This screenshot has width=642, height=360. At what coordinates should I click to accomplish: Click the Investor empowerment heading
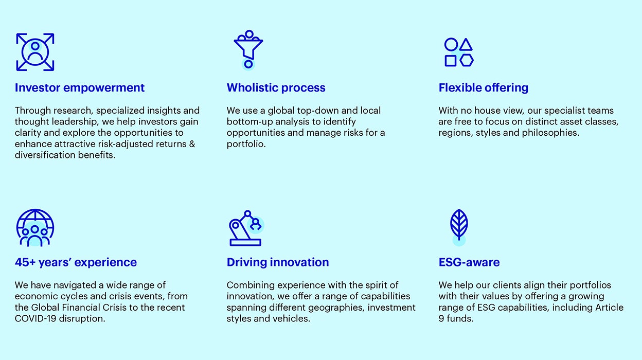click(80, 88)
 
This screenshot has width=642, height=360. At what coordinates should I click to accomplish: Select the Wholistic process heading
click(276, 88)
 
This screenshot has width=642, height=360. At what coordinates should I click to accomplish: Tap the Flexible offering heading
click(483, 88)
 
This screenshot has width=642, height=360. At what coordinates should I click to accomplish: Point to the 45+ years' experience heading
click(76, 262)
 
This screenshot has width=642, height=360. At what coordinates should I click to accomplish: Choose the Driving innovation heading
click(278, 262)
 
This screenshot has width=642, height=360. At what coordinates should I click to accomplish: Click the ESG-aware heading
click(469, 262)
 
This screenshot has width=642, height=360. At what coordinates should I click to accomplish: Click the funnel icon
click(248, 46)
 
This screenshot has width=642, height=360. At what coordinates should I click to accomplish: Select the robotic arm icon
click(246, 228)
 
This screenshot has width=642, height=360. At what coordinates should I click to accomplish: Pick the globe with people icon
click(35, 228)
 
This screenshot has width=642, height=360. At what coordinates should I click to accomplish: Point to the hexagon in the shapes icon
click(466, 61)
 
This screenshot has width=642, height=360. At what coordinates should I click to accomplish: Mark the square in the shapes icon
click(451, 61)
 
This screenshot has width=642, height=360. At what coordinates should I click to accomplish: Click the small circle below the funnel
click(248, 64)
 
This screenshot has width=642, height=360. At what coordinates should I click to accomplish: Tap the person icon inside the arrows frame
click(35, 52)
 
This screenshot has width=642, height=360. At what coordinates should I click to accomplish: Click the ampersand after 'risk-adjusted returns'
click(192, 144)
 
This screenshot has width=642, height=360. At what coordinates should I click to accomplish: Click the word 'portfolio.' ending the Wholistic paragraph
click(246, 144)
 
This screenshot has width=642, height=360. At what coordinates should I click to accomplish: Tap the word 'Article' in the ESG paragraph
click(609, 307)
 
